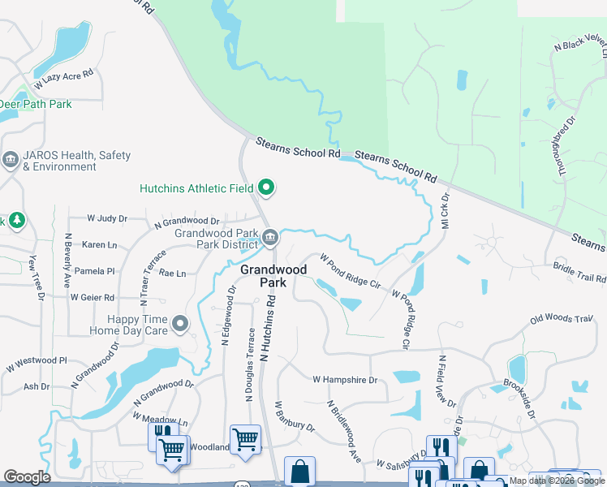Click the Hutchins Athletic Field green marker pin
[266, 189]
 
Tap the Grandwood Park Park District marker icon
[271, 238]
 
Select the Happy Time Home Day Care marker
[181, 325]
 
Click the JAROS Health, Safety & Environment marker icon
[11, 160]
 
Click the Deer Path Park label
[36, 104]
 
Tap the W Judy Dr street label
[107, 218]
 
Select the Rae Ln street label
[172, 274]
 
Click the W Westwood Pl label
[39, 360]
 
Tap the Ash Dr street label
[37, 386]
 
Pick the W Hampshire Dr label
[346, 379]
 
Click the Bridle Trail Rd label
[579, 272]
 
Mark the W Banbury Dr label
[293, 416]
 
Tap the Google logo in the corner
[27, 476]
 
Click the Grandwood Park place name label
[273, 276]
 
